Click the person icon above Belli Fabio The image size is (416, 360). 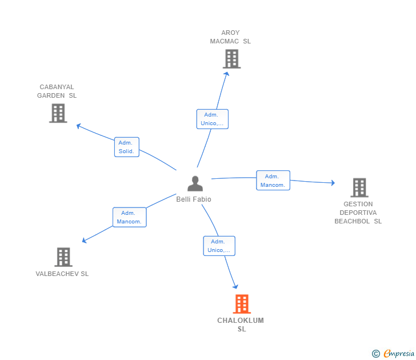coord(195,184)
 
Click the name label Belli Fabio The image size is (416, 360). coord(194,199)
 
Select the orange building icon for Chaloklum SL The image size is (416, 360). coord(242,304)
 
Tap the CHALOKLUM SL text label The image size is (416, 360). coord(241,325)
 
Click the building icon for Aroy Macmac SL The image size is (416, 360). coord(231,59)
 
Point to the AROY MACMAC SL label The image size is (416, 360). coord(230,37)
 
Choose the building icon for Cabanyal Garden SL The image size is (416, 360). coord(58,113)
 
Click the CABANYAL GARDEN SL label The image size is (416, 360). coord(57,91)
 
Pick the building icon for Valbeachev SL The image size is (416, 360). coord(63,257)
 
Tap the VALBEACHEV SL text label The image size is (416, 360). coord(62,274)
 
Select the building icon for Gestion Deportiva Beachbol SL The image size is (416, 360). coord(359,187)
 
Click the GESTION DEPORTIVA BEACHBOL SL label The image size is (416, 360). coord(358,213)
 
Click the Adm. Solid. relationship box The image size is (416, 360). coord(126,147)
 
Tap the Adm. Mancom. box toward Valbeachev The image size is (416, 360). coord(129,217)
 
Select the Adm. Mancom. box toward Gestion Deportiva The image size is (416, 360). coord(273,181)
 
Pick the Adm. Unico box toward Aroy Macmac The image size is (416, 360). coord(212,119)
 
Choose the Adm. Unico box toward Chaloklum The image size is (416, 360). coord(219,246)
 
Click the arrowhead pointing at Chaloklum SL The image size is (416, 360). coord(235,287)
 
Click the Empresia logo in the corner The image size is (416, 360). coord(394,353)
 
